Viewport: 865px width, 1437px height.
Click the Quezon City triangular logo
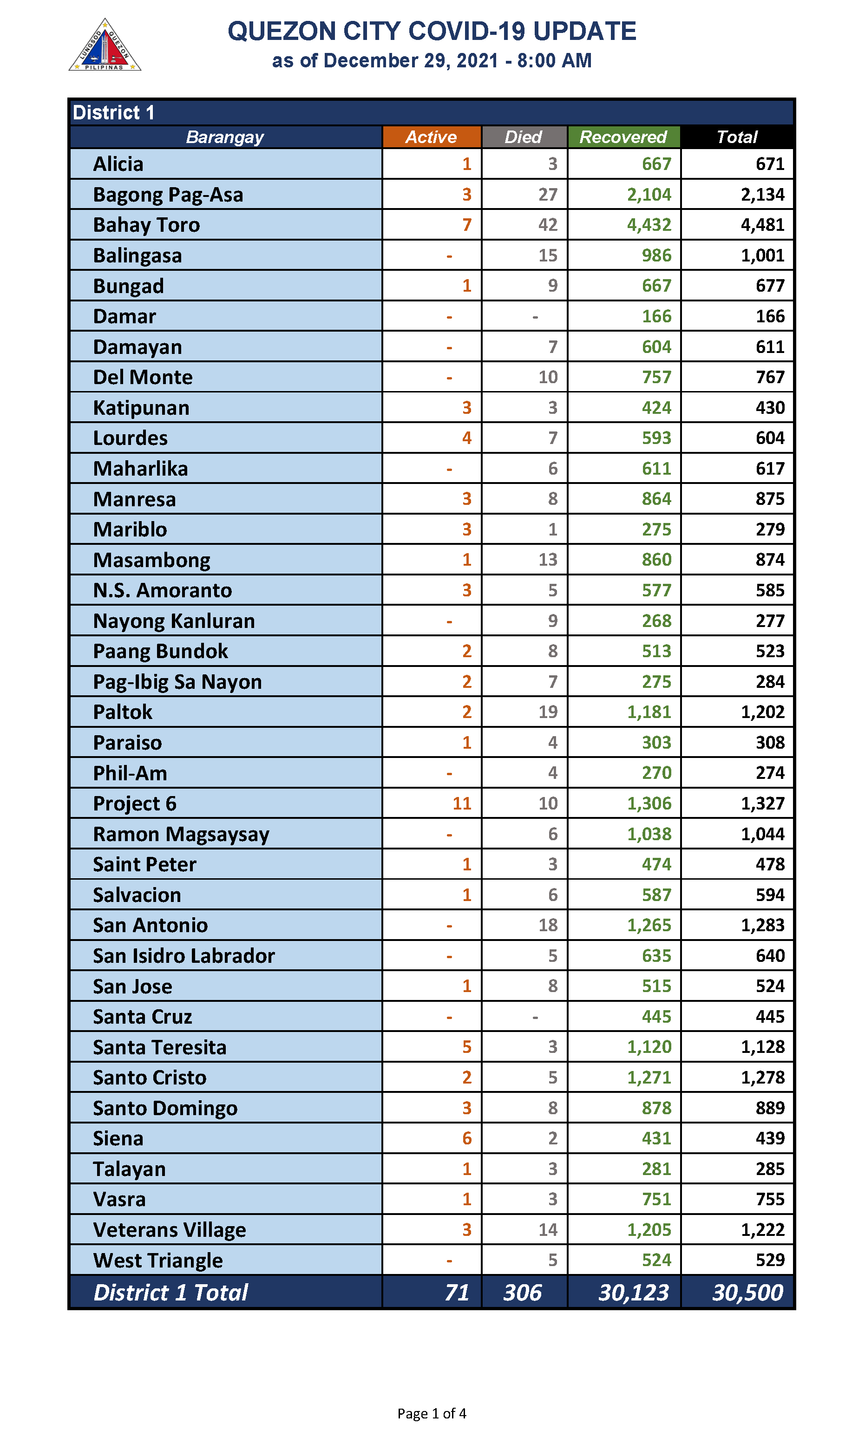pos(105,46)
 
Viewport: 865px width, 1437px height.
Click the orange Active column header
pos(431,137)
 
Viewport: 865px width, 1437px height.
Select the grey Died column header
pos(524,137)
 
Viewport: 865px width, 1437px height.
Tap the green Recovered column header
pos(623,137)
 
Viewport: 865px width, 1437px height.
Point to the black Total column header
pos(737,137)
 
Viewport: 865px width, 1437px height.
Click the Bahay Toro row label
pos(146,225)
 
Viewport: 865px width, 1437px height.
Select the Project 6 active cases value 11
pos(462,803)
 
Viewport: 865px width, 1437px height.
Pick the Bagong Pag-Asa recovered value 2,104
pos(649,195)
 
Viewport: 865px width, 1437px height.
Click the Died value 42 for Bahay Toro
pos(547,225)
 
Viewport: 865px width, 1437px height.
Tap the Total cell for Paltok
pos(762,712)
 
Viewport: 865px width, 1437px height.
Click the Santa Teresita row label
pos(160,1047)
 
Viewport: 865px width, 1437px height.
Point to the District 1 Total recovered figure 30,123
pos(634,1293)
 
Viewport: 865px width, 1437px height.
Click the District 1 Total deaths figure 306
pos(522,1293)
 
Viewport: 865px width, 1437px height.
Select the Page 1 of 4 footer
pos(432,1413)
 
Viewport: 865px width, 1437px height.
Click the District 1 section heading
pos(114,112)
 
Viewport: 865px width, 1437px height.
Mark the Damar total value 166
pos(770,316)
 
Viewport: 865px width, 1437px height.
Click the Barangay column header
pos(225,137)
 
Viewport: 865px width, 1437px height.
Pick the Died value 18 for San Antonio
pos(547,925)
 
